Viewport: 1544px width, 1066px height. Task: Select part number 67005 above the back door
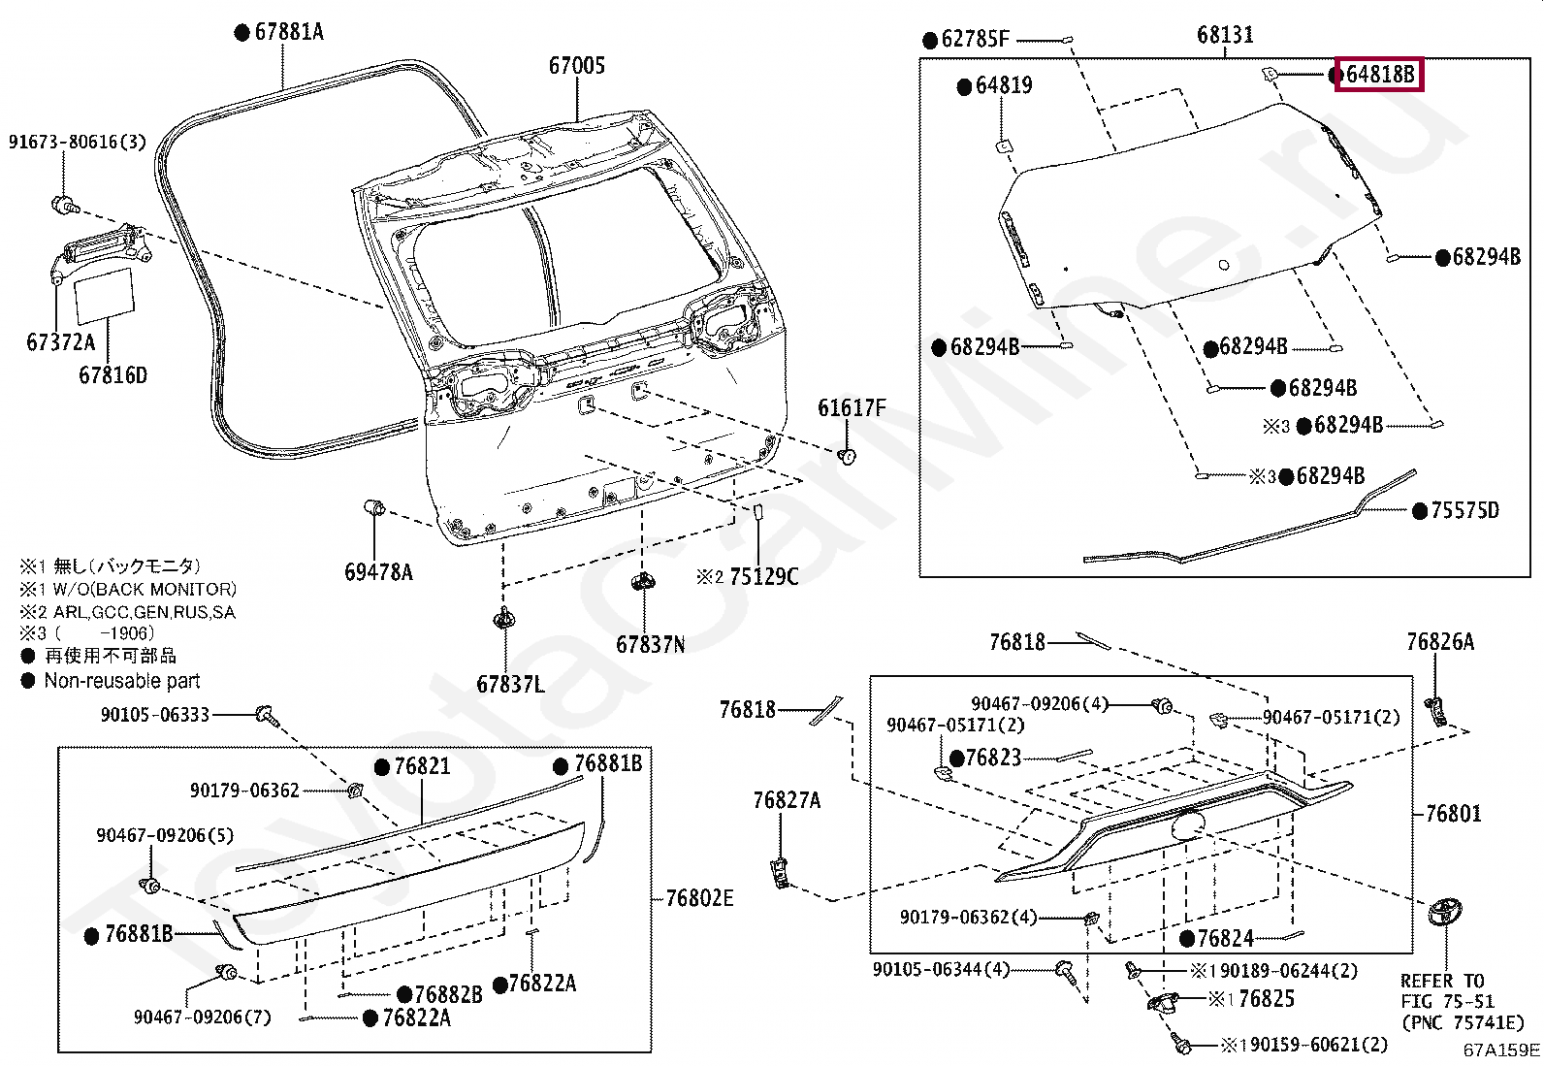point(576,66)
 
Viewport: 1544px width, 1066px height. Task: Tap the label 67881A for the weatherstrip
point(288,32)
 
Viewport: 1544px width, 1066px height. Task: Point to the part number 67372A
point(60,342)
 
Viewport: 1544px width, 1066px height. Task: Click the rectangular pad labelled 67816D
point(104,295)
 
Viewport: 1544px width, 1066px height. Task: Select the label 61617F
point(851,408)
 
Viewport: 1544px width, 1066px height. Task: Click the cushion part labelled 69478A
point(374,507)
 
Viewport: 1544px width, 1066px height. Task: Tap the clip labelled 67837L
point(502,618)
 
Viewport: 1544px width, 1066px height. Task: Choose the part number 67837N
point(650,645)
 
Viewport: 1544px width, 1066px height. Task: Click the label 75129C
point(762,577)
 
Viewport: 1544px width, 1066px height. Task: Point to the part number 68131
point(1224,35)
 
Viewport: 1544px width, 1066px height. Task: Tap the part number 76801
point(1453,814)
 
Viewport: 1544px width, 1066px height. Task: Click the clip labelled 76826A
point(1437,711)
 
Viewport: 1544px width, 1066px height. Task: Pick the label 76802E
point(699,898)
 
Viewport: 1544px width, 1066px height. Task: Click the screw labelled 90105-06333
point(264,716)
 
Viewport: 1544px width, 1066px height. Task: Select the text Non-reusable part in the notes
point(122,681)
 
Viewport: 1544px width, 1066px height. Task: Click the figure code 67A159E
point(1500,1050)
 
